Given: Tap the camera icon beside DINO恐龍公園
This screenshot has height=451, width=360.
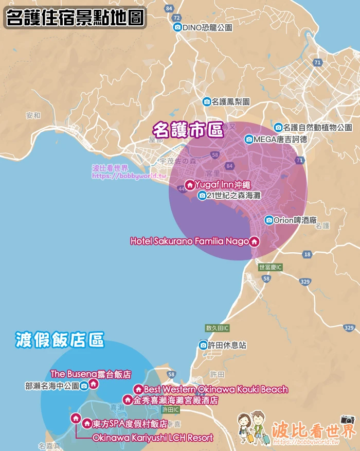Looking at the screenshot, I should pyautogui.click(x=177, y=27).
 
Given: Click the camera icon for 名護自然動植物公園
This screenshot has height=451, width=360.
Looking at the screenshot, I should pyautogui.click(x=278, y=127).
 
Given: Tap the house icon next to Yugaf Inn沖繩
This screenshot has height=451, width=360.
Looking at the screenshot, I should pyautogui.click(x=189, y=185).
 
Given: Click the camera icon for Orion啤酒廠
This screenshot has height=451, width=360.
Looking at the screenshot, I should pyautogui.click(x=269, y=220).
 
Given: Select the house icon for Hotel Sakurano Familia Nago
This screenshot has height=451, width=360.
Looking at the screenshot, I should pyautogui.click(x=254, y=241).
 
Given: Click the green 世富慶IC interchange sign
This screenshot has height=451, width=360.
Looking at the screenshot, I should pyautogui.click(x=271, y=267).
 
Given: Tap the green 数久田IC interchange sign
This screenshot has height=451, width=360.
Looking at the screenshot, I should pyautogui.click(x=217, y=328).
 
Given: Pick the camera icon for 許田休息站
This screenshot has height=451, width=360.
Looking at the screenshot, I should pyautogui.click(x=204, y=345).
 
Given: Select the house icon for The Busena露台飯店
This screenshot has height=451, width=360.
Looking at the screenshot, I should pyautogui.click(x=93, y=384).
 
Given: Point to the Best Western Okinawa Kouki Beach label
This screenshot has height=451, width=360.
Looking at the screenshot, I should pyautogui.click(x=215, y=389).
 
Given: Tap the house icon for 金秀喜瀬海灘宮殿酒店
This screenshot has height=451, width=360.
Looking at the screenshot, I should pyautogui.click(x=128, y=400).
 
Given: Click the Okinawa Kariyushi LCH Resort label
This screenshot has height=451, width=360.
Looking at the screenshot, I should pyautogui.click(x=152, y=438).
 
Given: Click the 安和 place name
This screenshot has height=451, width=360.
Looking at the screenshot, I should pyautogui.click(x=33, y=115).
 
